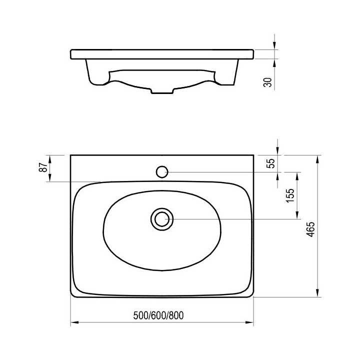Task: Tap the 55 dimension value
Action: pyautogui.click(x=271, y=163)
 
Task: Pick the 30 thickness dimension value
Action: pyautogui.click(x=268, y=82)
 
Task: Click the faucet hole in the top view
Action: pyautogui.click(x=161, y=172)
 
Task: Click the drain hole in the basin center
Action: pyautogui.click(x=161, y=219)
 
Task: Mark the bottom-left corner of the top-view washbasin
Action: pyautogui.click(x=71, y=297)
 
